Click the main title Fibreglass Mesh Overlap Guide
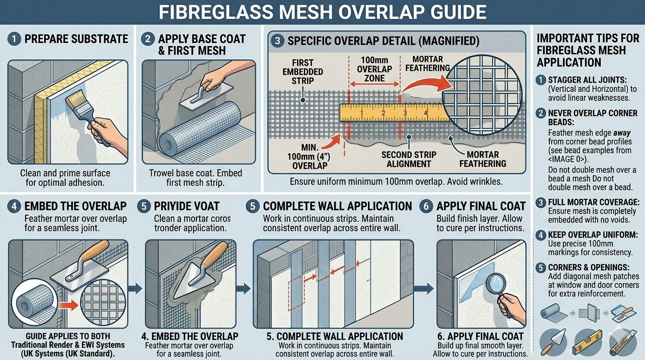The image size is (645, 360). (322, 12)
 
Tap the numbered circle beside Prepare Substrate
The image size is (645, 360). (14, 39)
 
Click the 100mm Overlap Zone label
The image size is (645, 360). (374, 69)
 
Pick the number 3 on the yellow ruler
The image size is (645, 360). (404, 113)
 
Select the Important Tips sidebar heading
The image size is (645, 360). (588, 50)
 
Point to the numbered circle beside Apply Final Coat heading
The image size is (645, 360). (426, 207)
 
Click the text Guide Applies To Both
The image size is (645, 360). (68, 336)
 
